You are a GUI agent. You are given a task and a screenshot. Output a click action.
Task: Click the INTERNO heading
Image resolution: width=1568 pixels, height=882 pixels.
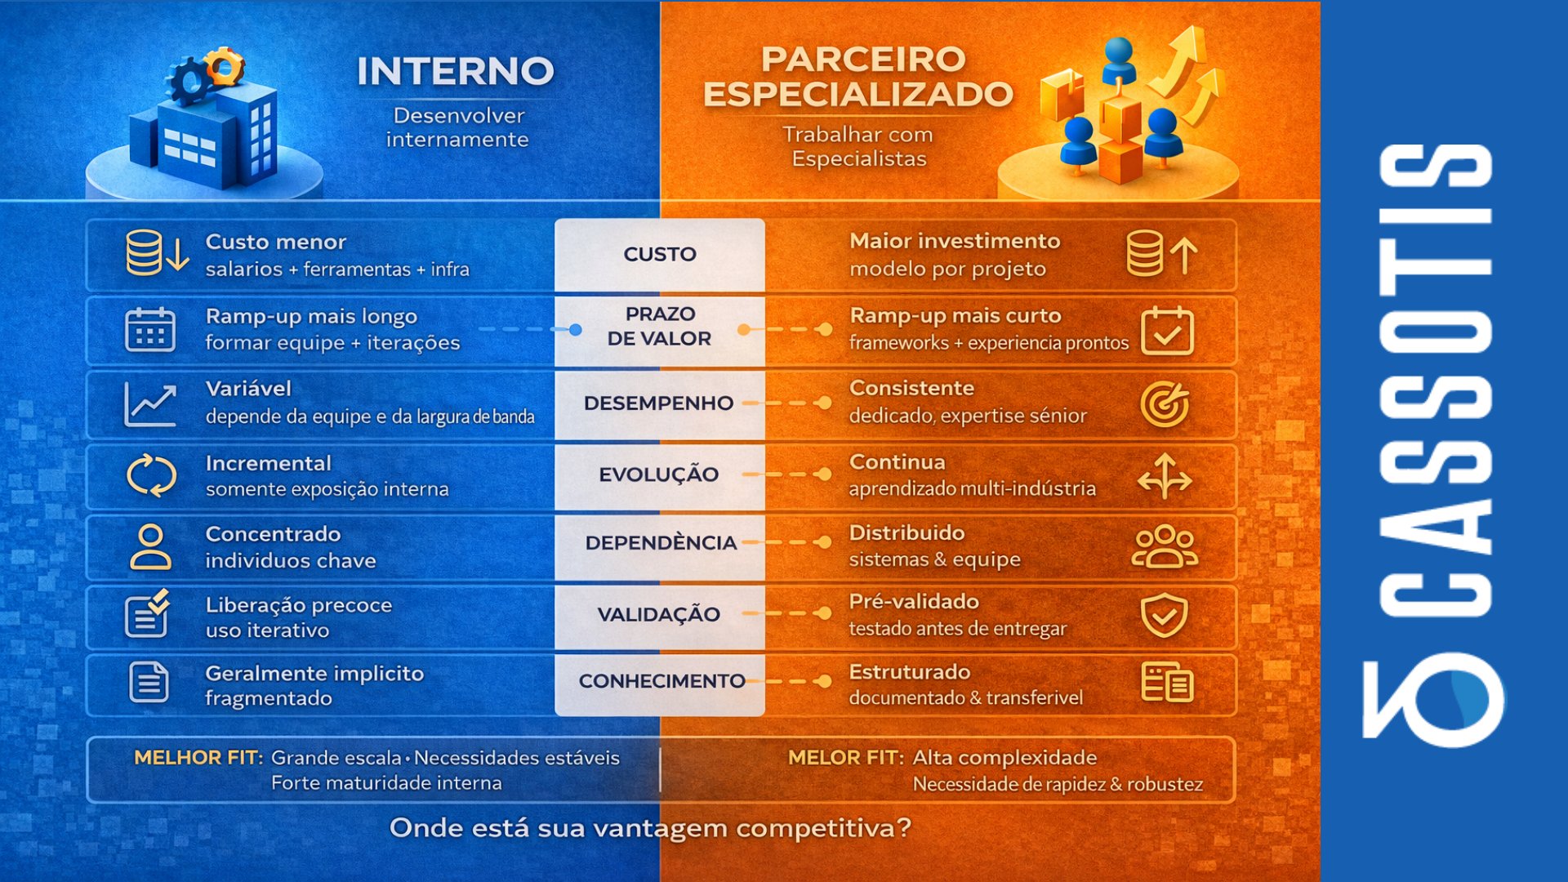(456, 71)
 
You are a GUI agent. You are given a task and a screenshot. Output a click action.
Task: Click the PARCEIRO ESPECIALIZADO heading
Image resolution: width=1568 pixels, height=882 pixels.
(858, 77)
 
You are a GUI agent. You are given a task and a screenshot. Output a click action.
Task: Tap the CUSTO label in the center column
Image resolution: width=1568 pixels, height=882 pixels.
(660, 254)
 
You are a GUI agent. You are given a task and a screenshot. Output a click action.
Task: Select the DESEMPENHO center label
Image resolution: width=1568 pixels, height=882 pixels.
(658, 403)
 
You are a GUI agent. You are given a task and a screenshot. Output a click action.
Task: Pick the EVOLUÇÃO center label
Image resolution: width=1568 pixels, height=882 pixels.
(658, 474)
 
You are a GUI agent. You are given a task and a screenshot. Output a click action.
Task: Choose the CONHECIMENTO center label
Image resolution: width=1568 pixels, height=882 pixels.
(661, 680)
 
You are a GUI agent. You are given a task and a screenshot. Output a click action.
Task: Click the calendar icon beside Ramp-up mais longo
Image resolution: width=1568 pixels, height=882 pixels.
(150, 329)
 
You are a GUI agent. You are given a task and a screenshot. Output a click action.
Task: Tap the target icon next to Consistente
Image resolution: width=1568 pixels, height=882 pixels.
(1165, 403)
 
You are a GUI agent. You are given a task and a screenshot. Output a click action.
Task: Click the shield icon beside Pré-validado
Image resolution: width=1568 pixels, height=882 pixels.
(1165, 616)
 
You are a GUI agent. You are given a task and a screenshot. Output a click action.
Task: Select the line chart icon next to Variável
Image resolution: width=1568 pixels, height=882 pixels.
(150, 404)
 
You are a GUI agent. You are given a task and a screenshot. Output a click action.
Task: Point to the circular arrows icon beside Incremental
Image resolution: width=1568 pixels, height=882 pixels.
(151, 475)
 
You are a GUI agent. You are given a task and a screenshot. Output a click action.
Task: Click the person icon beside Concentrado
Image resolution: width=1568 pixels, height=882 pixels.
(151, 546)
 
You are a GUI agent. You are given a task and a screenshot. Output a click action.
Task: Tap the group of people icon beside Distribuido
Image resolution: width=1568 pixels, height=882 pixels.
(1165, 546)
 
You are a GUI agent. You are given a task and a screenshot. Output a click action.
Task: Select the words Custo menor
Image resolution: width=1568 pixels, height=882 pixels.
(276, 242)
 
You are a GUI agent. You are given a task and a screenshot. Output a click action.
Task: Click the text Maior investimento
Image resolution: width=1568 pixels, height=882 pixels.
(955, 241)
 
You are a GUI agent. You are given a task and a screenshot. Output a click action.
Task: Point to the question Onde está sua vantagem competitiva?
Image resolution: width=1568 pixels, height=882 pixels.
(650, 828)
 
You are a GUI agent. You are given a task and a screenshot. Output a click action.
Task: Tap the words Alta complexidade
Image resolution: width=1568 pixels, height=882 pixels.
(1004, 758)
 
